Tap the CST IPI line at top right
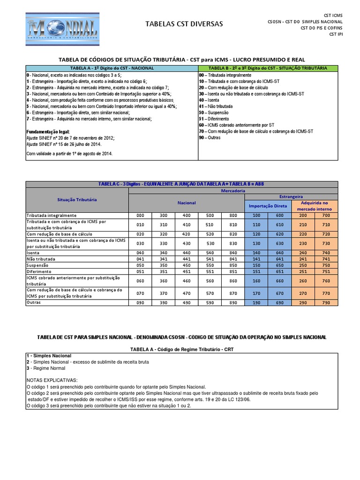point(336,34)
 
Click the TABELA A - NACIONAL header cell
point(112,68)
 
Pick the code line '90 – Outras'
point(210,138)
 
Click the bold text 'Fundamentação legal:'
point(48,132)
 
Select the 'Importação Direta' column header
point(268,206)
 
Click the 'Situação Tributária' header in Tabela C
point(77,199)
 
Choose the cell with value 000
point(140,215)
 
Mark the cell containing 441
point(187,259)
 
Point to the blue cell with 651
point(279,271)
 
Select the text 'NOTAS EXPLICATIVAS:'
point(52,380)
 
